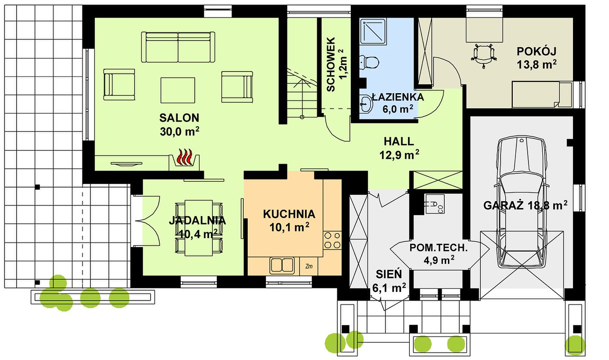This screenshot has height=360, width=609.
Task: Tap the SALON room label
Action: point(179,118)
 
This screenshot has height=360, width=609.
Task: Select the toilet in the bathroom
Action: point(369,62)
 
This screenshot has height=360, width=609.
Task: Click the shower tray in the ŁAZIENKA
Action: point(373,31)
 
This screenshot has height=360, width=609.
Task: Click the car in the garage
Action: point(521,202)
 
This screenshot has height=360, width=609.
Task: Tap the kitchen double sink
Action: point(282,265)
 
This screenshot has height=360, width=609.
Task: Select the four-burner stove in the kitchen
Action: point(332,240)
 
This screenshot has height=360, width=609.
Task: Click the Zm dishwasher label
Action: point(309,266)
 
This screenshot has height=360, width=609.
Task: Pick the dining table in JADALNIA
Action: point(199,228)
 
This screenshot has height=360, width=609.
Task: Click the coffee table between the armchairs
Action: point(178,90)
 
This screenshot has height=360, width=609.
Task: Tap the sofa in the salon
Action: point(178,47)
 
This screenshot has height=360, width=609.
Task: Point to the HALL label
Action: point(399,141)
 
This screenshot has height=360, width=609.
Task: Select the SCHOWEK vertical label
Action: point(331,64)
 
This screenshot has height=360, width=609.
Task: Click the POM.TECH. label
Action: point(439,248)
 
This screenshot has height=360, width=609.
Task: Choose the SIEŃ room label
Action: point(389,274)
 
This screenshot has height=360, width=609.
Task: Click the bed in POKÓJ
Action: point(542,94)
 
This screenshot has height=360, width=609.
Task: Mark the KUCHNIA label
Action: point(289,214)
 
